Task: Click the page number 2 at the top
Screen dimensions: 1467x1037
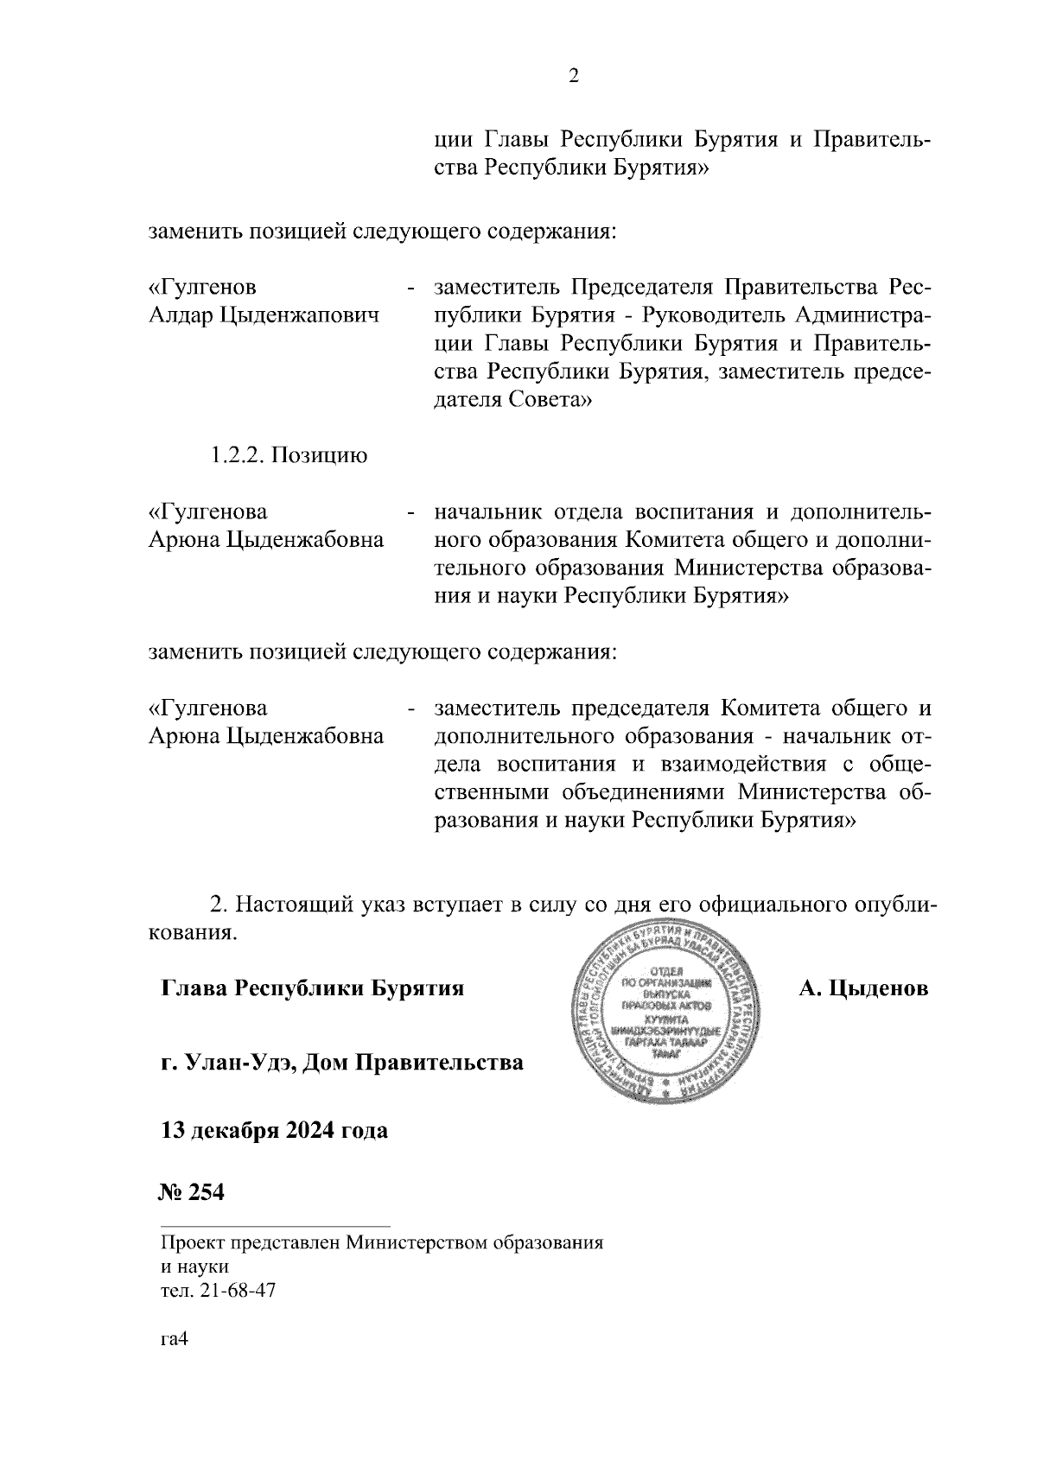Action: click(573, 77)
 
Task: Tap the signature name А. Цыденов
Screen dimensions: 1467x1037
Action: click(863, 988)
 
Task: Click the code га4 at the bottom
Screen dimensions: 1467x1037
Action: click(174, 1364)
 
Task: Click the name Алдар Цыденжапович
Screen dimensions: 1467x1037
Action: click(264, 315)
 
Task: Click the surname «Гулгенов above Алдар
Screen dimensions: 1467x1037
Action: click(202, 287)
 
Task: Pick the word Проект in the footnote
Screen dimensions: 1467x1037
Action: click(193, 1245)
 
